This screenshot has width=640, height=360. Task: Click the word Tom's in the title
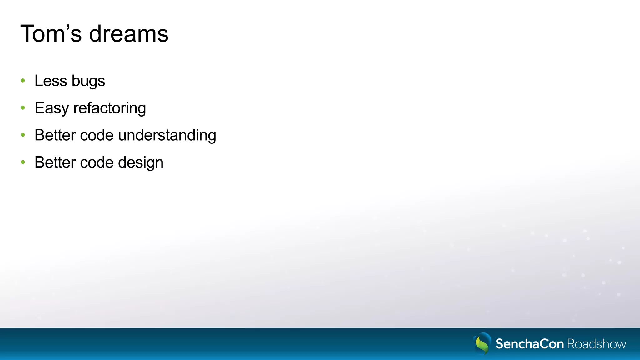point(51,34)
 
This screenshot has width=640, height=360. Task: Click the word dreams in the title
point(129,34)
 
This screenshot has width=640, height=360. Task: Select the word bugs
point(88,81)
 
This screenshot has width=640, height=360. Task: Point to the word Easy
point(52,108)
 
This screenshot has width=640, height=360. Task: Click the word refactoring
point(110,108)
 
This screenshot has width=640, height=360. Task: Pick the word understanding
point(167,135)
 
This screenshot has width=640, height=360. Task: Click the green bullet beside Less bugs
point(23,81)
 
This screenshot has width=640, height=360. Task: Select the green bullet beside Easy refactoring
point(23,108)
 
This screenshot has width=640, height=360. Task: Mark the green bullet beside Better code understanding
point(23,135)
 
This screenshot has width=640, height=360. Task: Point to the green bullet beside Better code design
point(23,162)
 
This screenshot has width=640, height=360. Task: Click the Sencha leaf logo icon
point(482,343)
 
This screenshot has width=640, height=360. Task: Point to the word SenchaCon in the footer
point(529,344)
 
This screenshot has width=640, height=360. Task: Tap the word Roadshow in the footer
point(597,344)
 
